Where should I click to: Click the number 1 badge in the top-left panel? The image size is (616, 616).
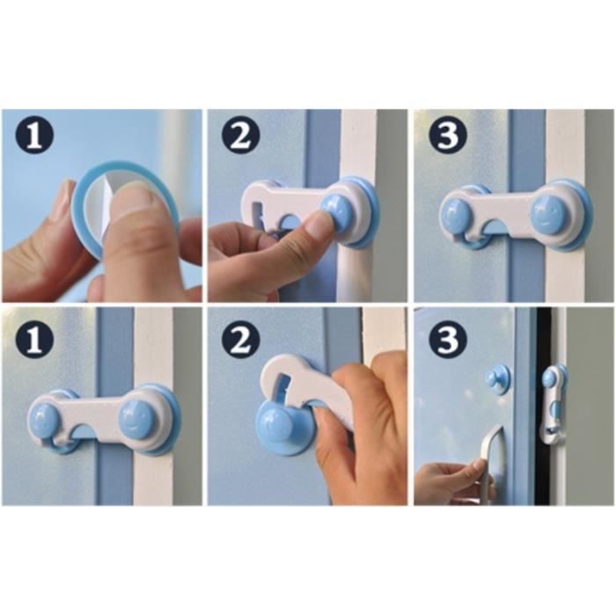(x=34, y=134)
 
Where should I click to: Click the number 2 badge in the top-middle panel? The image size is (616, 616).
(x=240, y=134)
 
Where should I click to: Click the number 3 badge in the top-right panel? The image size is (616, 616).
(x=448, y=134)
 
